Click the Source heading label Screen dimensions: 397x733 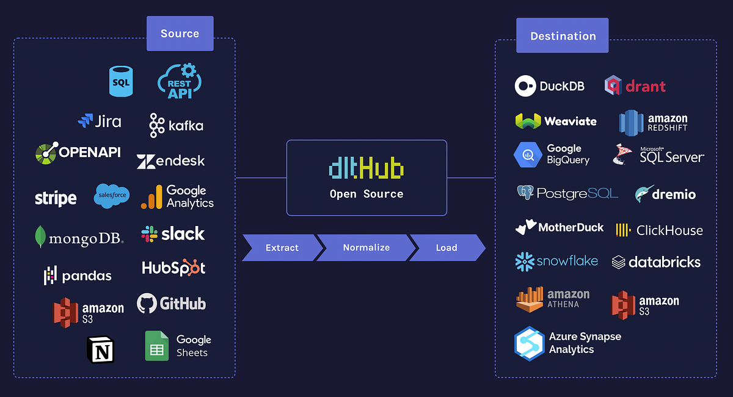(x=180, y=34)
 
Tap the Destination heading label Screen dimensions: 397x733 (x=563, y=36)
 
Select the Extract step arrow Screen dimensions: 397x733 (x=282, y=247)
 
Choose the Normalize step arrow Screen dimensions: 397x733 (x=366, y=247)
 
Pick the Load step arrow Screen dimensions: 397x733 (x=447, y=247)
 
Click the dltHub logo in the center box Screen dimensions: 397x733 (x=366, y=168)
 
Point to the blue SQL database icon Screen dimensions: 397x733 (x=121, y=82)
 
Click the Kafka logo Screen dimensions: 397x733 (x=176, y=125)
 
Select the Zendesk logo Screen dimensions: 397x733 (x=171, y=161)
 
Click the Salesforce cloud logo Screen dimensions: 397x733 (x=112, y=196)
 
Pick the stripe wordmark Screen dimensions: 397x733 (x=56, y=198)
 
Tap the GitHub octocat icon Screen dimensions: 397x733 (x=147, y=304)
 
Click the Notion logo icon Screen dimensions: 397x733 (x=101, y=351)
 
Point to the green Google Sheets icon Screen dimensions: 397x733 (x=157, y=346)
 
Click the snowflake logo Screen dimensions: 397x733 (x=556, y=261)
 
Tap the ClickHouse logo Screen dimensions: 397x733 (x=660, y=230)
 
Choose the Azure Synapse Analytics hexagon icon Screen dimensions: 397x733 (x=529, y=343)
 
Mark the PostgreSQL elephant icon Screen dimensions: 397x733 (x=525, y=194)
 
